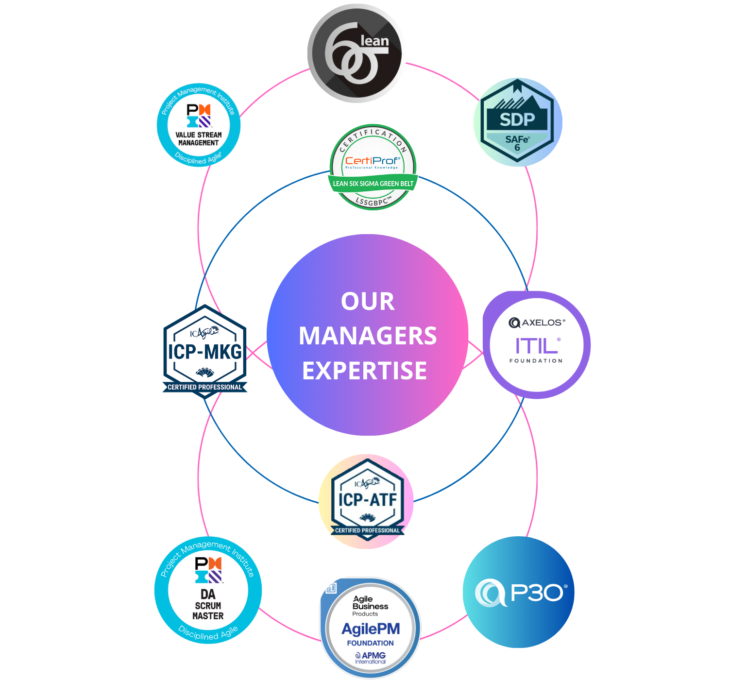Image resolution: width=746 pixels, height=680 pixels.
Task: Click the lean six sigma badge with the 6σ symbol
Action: [356, 53]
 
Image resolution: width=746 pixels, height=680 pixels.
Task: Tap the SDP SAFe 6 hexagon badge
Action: [517, 122]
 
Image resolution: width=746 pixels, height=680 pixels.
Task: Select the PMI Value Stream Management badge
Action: [199, 125]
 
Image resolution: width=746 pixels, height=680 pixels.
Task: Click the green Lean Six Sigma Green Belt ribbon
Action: [373, 184]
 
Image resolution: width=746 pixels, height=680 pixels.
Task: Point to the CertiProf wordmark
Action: [373, 161]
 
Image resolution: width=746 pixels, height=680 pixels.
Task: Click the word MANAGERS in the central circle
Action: [368, 336]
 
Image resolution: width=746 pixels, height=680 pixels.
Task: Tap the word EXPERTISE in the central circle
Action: [365, 371]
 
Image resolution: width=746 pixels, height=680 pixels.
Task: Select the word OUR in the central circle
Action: [368, 301]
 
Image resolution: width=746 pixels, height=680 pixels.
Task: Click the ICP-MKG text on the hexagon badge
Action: [205, 352]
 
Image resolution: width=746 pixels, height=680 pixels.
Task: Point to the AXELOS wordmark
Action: [537, 323]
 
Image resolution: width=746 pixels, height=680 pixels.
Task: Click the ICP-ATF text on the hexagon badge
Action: [368, 500]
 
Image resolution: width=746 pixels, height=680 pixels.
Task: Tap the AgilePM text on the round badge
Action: [371, 629]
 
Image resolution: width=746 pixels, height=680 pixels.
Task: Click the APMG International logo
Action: [370, 658]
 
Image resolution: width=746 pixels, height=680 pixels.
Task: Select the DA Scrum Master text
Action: [208, 605]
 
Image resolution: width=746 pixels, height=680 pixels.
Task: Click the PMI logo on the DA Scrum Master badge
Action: [208, 570]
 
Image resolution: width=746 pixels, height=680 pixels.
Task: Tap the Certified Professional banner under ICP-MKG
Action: [205, 387]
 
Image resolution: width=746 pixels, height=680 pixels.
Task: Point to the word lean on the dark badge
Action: [374, 41]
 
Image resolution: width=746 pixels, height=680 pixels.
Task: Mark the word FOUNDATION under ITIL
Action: [536, 361]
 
